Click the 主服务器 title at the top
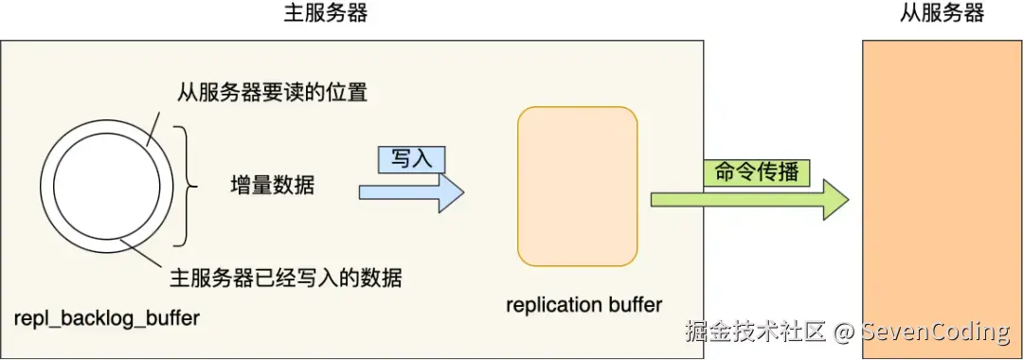click(x=326, y=13)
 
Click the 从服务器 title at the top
click(x=942, y=13)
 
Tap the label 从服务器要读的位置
click(x=273, y=93)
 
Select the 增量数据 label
click(x=273, y=186)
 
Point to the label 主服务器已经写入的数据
click(x=286, y=279)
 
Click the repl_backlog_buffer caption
click(x=107, y=319)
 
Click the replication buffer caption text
click(x=583, y=304)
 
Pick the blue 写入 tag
click(x=412, y=160)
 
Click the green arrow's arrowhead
click(x=835, y=200)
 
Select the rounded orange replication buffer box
click(x=578, y=186)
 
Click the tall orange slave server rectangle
click(x=942, y=200)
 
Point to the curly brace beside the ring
click(x=188, y=188)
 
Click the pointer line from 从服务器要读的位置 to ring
click(x=152, y=128)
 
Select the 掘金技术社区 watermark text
click(x=756, y=332)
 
